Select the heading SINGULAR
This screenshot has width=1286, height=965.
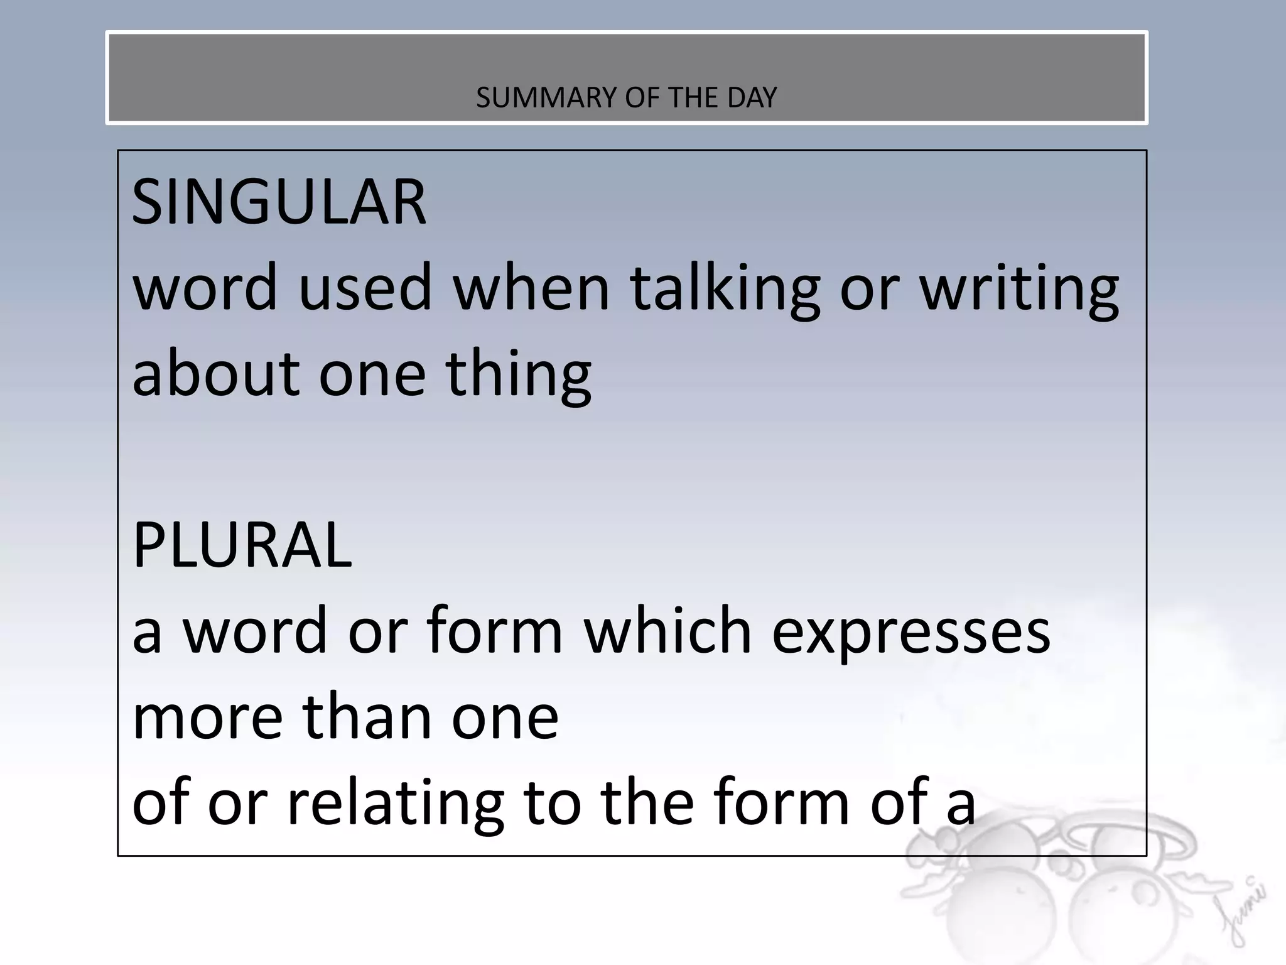coord(279,202)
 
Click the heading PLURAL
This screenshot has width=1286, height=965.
coord(242,545)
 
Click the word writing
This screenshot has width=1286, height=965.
coord(1019,288)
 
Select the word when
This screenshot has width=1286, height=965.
coord(531,288)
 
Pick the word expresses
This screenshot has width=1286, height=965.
coord(910,632)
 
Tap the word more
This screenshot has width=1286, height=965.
coord(208,717)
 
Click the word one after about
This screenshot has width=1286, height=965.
coord(372,374)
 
